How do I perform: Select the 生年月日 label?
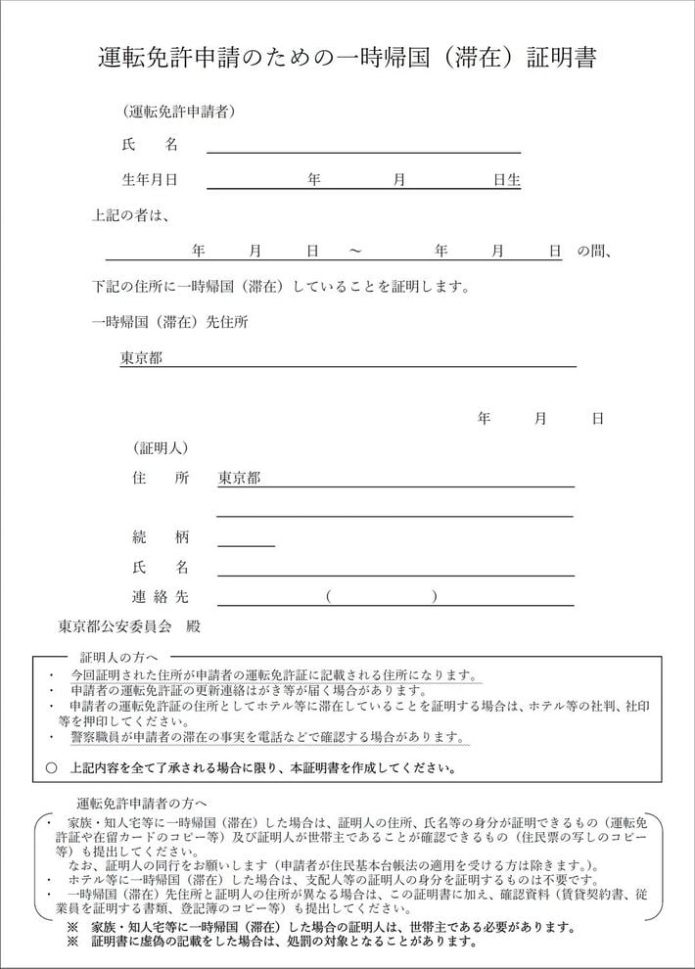[x=149, y=180]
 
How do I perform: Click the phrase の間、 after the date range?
[x=594, y=252]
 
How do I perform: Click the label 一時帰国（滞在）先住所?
[x=168, y=322]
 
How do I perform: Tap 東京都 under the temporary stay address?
[x=141, y=357]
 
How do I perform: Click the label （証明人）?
[x=161, y=448]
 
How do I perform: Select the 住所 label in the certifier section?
[x=160, y=479]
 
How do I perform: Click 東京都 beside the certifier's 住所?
[x=239, y=479]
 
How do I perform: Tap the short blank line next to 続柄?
[x=246, y=541]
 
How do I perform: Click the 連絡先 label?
[x=160, y=596]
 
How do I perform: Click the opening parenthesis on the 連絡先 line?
[x=330, y=596]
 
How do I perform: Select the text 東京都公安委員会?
[x=115, y=624]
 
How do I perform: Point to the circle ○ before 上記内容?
[x=52, y=768]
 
